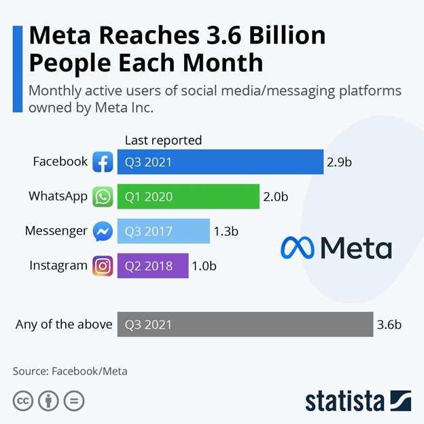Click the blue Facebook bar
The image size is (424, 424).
tap(220, 162)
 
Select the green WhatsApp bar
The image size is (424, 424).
tap(188, 197)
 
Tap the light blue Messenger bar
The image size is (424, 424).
tap(163, 231)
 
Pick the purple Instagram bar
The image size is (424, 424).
tap(153, 266)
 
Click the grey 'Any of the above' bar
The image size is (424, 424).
tap(245, 325)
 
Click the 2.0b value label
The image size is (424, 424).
tap(276, 197)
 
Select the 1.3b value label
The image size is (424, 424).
tap(226, 231)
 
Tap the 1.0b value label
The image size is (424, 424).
tap(204, 266)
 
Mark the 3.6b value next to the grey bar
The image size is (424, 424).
tap(389, 325)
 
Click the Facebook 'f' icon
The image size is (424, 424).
tap(103, 162)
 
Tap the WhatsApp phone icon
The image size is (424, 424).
tap(103, 197)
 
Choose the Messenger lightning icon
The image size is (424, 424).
tap(103, 232)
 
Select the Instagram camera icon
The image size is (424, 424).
tap(103, 266)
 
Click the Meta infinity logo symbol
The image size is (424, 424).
tap(297, 248)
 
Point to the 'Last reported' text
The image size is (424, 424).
tap(163, 141)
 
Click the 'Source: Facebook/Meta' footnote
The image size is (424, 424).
tap(70, 371)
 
